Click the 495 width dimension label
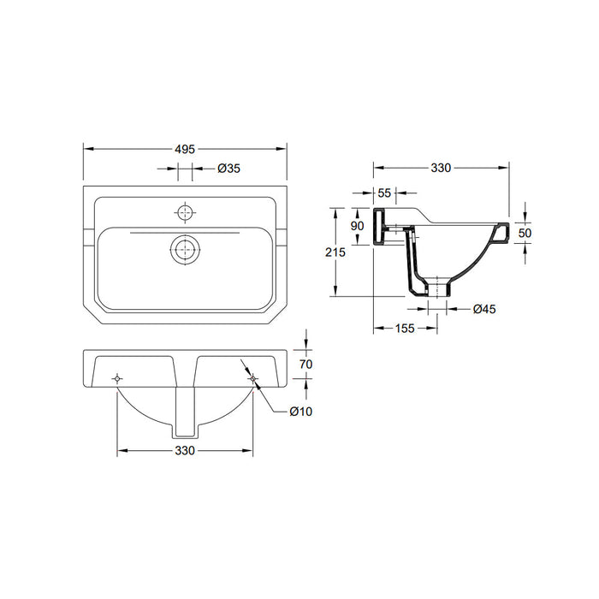point(185,148)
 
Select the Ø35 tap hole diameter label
point(228,169)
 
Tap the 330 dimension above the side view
point(441,168)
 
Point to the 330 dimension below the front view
point(185,450)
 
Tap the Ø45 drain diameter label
point(485,309)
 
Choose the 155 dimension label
point(405,328)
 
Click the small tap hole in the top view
point(185,211)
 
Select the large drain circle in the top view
point(185,251)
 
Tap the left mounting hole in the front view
point(117,377)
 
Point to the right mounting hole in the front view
point(252,377)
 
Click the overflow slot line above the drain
point(185,232)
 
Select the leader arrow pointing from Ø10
point(267,394)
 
